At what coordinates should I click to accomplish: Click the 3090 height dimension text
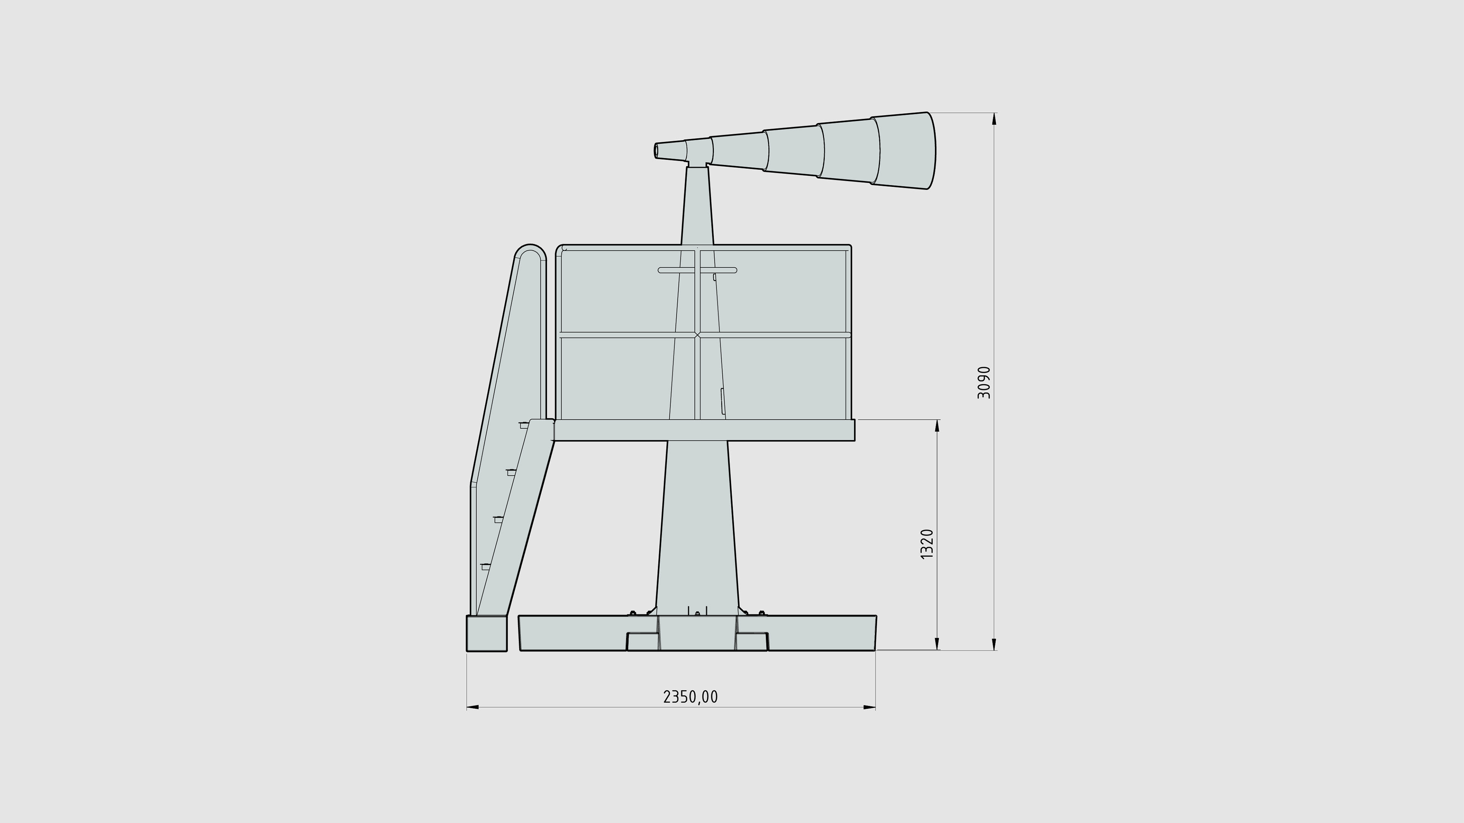[984, 382]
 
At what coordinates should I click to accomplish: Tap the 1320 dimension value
[927, 544]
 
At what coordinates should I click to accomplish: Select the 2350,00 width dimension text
[690, 697]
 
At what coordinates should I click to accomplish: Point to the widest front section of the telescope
[904, 150]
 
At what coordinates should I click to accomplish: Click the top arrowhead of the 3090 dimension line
[994, 118]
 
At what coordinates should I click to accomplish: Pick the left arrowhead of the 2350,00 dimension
[473, 707]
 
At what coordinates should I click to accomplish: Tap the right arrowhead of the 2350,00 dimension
[870, 707]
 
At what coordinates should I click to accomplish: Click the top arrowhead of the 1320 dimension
[937, 426]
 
